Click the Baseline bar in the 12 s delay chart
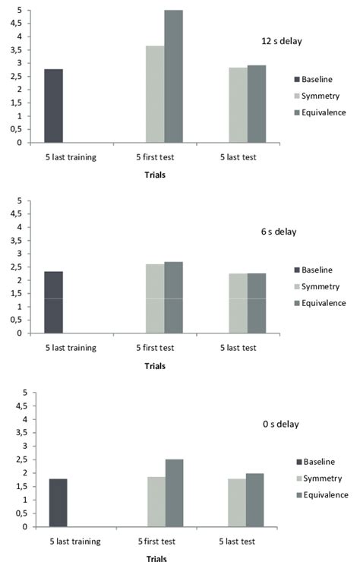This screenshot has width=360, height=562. pyautogui.click(x=53, y=106)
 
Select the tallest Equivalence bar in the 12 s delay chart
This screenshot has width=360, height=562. pyautogui.click(x=173, y=77)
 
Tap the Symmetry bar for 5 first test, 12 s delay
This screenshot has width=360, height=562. pyautogui.click(x=155, y=94)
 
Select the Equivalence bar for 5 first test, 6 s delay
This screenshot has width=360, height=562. pyautogui.click(x=173, y=298)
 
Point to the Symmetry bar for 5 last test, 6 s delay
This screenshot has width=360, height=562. pyautogui.click(x=238, y=304)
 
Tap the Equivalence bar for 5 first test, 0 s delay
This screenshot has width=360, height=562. pyautogui.click(x=174, y=493)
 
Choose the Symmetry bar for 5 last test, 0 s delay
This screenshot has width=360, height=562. pyautogui.click(x=238, y=503)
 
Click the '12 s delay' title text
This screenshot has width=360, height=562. pyautogui.click(x=280, y=41)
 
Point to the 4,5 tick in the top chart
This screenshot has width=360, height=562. pyautogui.click(x=21, y=24)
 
